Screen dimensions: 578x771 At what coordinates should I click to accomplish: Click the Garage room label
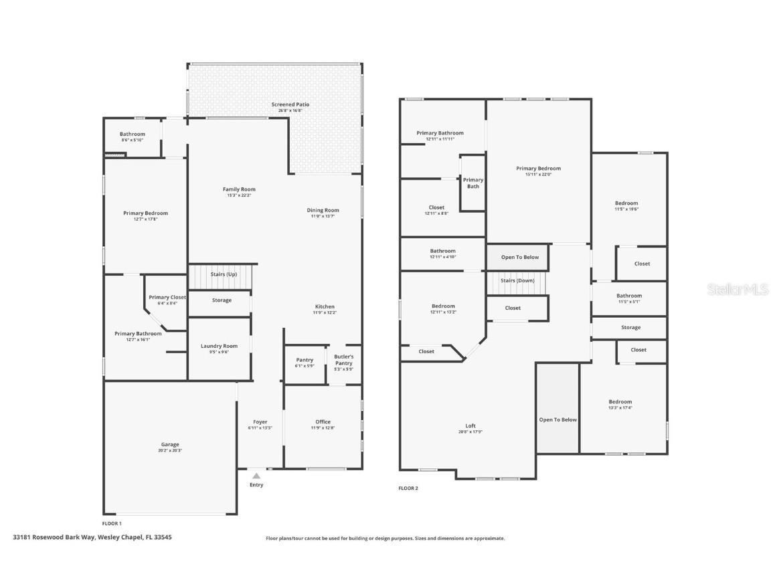tap(170, 444)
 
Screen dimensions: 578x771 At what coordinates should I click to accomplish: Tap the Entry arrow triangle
tap(256, 476)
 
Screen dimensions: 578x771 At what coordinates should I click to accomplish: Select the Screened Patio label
tap(290, 104)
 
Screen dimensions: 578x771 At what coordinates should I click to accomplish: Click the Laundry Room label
tap(220, 346)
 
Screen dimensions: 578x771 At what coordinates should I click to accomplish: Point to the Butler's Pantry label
tap(344, 360)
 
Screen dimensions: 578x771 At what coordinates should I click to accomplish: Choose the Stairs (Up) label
tap(224, 274)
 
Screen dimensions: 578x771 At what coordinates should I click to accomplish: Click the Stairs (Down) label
tap(518, 280)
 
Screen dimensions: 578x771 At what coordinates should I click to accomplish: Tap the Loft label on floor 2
tap(471, 426)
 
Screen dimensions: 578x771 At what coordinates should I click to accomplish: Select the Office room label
tap(323, 422)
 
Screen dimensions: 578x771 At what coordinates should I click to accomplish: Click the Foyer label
tap(260, 422)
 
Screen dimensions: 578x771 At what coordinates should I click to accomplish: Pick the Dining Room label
tap(323, 210)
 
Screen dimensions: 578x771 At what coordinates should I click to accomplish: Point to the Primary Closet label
tap(167, 297)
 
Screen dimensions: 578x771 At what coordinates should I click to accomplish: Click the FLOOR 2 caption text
tap(408, 488)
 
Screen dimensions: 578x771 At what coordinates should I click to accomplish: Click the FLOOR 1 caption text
tap(112, 523)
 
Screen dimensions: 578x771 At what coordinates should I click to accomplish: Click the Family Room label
tap(240, 189)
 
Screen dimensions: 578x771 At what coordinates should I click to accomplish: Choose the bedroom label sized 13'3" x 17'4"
tap(620, 402)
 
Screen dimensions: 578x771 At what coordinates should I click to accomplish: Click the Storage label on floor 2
tap(630, 327)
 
